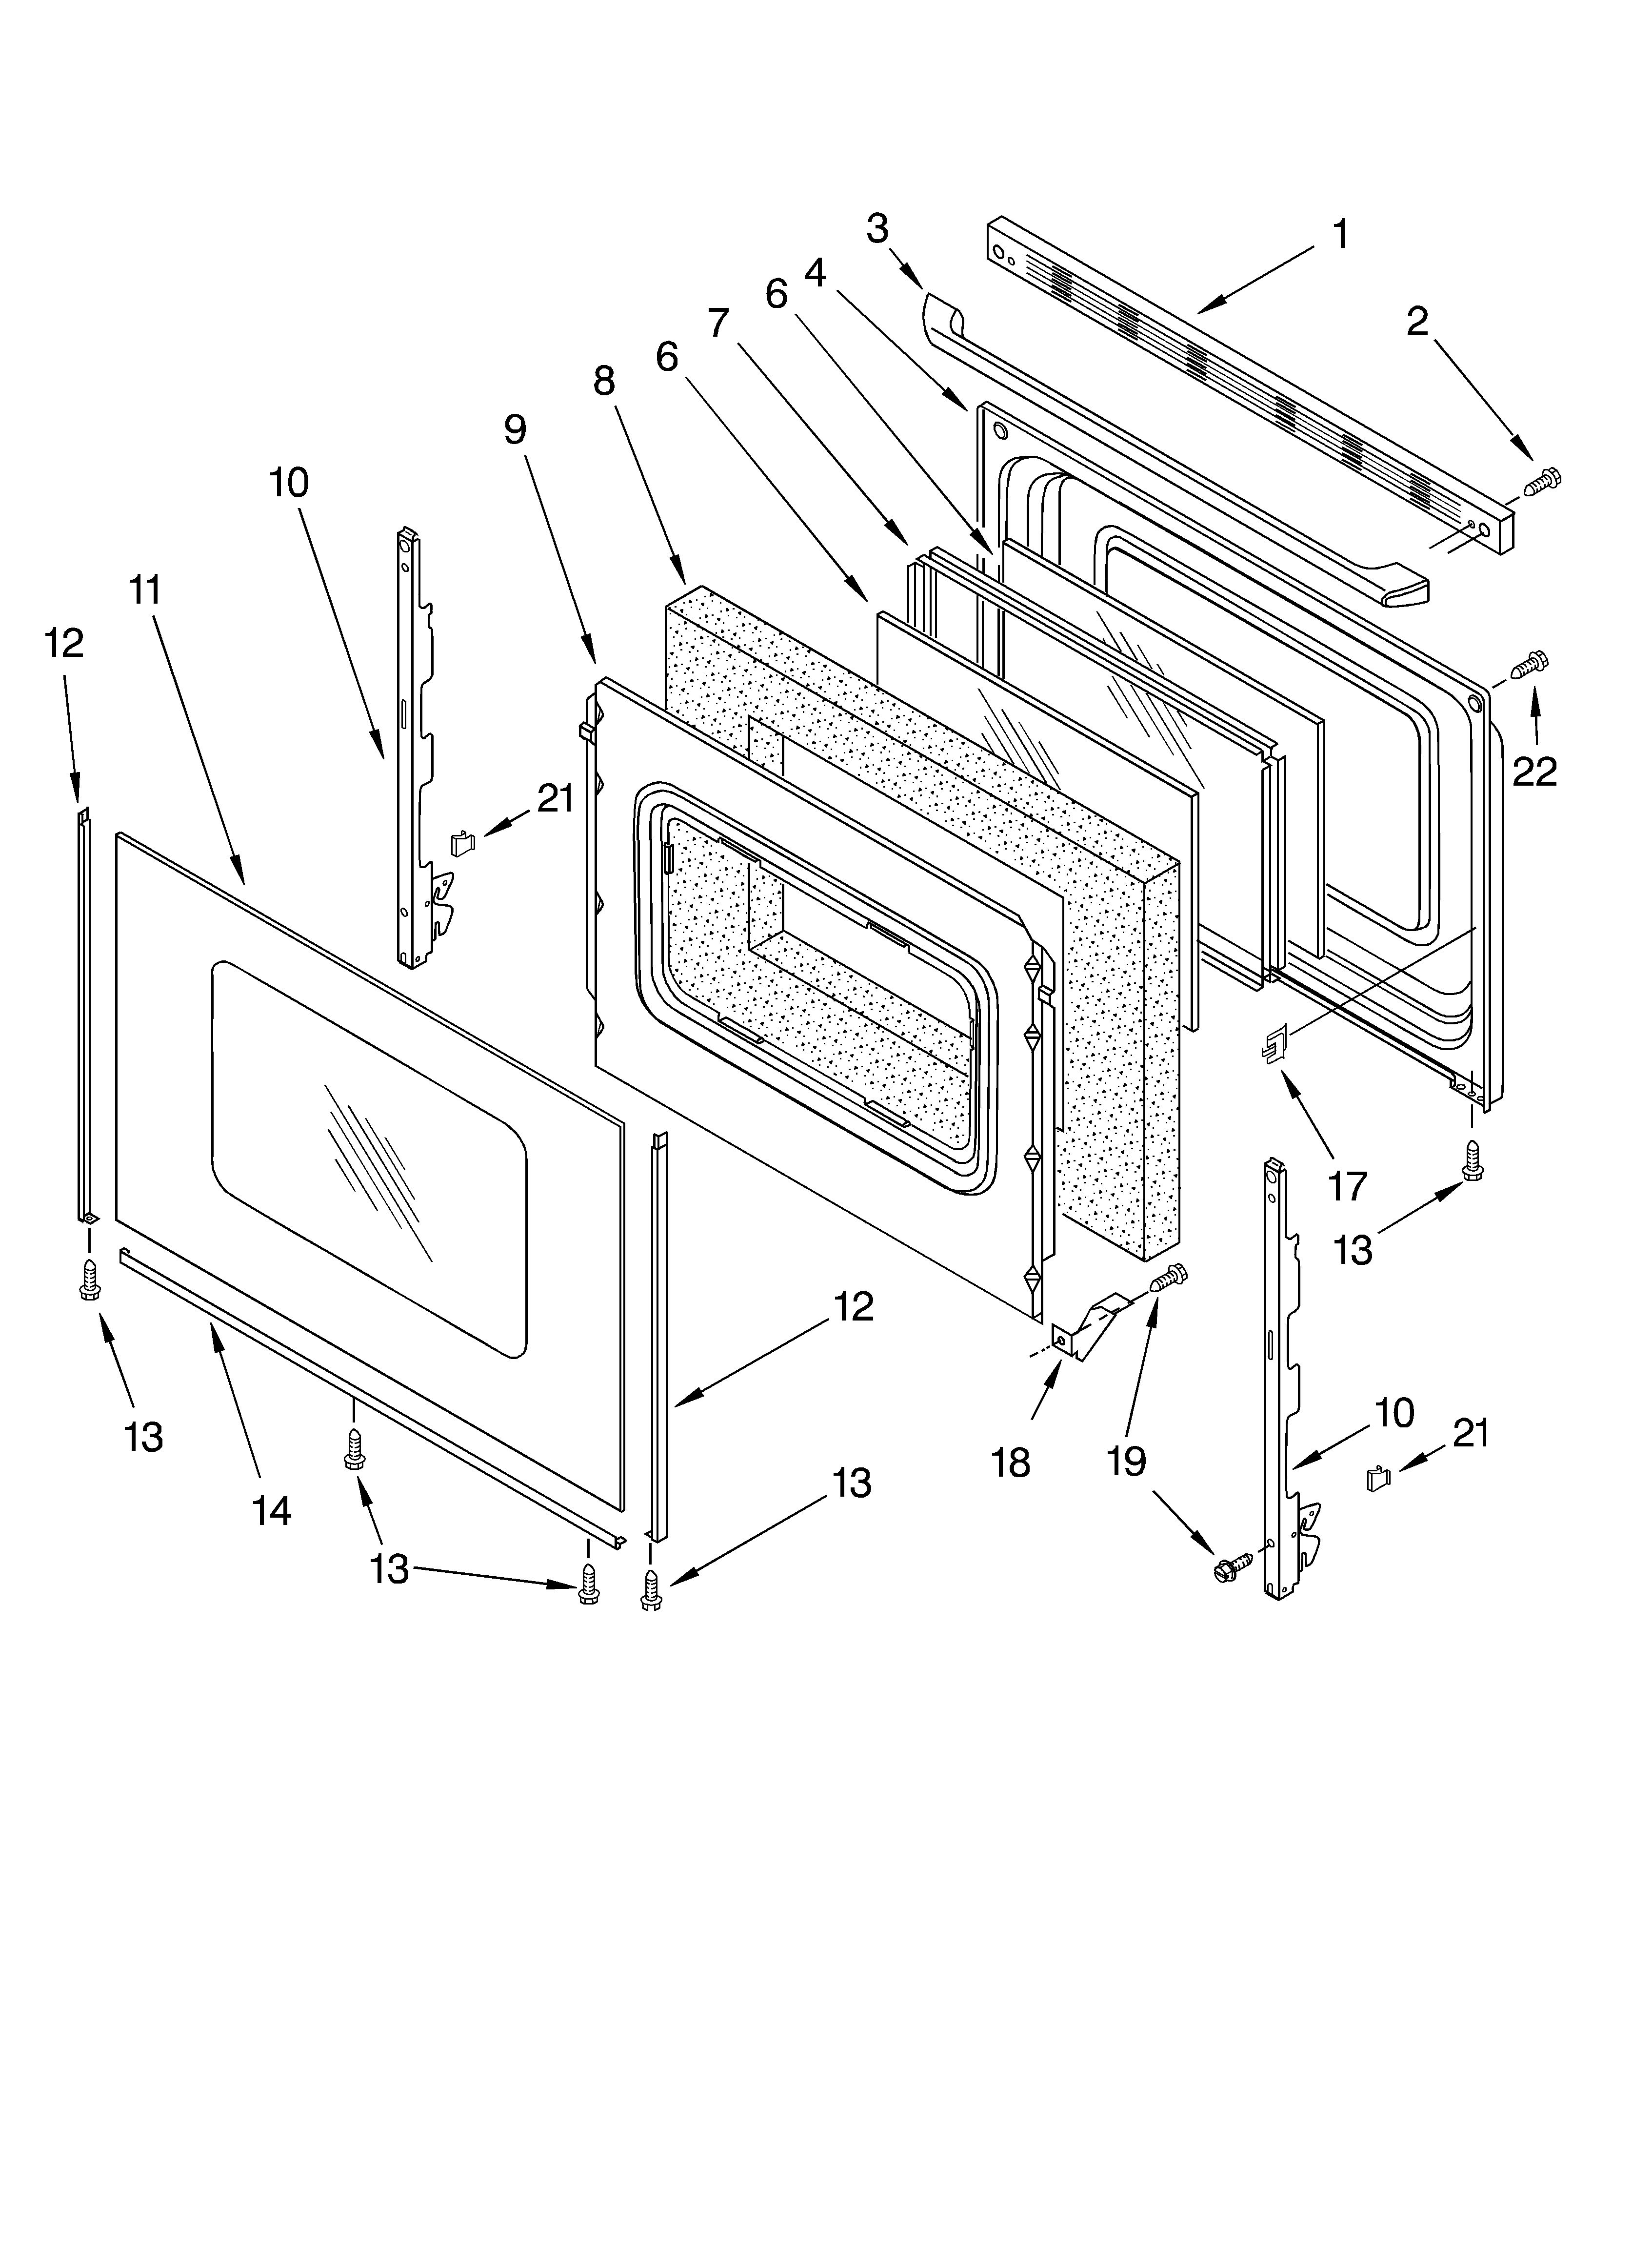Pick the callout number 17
[1348, 1186]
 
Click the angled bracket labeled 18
[1089, 1323]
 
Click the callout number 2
[1417, 320]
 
